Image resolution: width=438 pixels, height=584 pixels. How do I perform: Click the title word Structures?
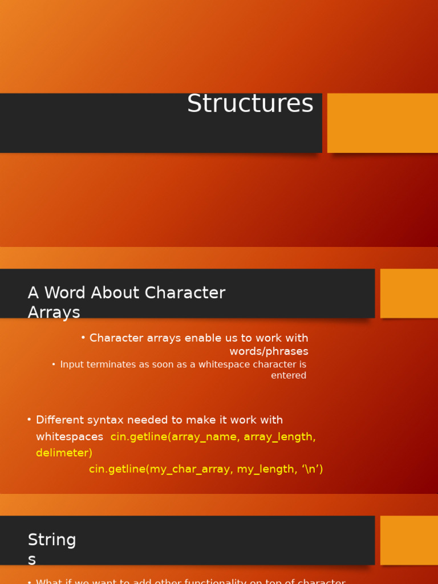250,104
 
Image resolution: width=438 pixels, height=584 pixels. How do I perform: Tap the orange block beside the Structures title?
383,123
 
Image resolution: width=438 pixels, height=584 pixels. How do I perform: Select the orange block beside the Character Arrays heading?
409,293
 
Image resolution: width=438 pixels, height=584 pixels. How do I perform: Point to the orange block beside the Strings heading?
409,540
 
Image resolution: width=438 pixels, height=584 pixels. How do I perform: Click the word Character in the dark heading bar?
185,293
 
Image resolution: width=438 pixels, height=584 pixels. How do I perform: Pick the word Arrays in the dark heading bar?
54,313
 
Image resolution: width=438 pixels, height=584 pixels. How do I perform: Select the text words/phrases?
269,351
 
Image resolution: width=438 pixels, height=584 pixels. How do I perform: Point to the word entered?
289,375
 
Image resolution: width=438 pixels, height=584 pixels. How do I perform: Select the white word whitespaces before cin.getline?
70,437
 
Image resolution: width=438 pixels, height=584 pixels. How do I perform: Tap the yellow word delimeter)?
64,453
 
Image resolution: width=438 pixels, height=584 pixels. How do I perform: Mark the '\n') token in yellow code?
310,469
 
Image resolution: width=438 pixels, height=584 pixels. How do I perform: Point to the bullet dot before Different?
29,420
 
